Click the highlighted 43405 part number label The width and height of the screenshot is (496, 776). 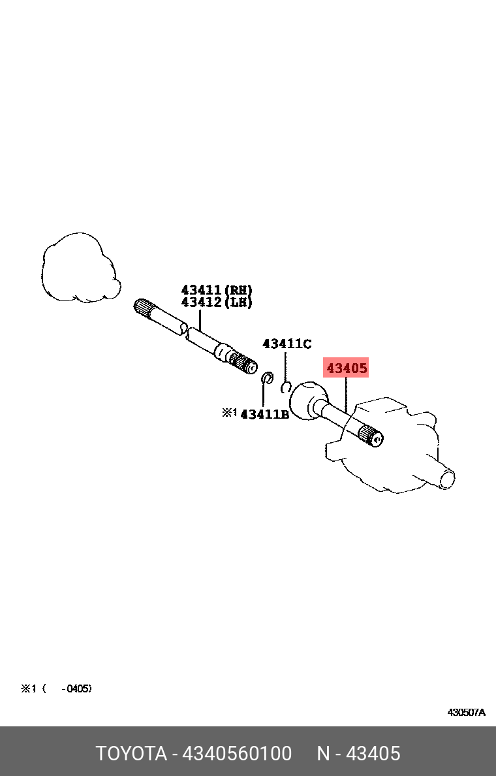pyautogui.click(x=347, y=368)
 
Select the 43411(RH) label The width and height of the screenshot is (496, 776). pyautogui.click(x=217, y=290)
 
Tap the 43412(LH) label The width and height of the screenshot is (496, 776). pyautogui.click(x=217, y=302)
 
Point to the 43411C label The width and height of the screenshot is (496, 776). pyautogui.click(x=287, y=344)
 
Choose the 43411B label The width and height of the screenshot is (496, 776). pyautogui.click(x=264, y=413)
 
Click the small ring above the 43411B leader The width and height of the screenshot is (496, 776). pyautogui.click(x=266, y=378)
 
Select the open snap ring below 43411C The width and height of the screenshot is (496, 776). pyautogui.click(x=285, y=387)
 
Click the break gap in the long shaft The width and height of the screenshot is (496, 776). pyautogui.click(x=185, y=330)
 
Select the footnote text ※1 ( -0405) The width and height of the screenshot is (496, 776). pyautogui.click(x=56, y=688)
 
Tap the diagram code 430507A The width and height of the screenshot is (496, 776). pyautogui.click(x=466, y=712)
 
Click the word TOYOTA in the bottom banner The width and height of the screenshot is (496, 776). pyautogui.click(x=131, y=754)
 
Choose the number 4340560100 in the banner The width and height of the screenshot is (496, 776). pyautogui.click(x=237, y=754)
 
